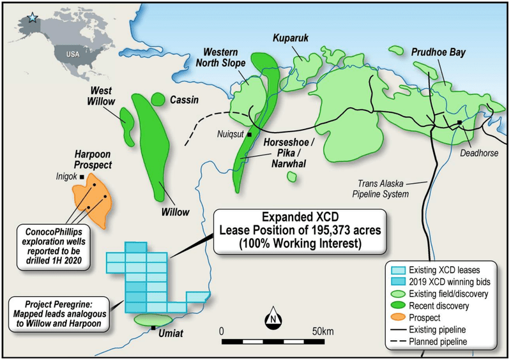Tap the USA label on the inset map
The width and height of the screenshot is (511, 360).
(x=73, y=54)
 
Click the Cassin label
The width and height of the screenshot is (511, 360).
(x=184, y=100)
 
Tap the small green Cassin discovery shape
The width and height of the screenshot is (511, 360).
(x=156, y=99)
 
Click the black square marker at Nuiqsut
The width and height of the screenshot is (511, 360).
(x=250, y=134)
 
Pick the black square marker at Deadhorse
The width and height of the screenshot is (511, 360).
(x=459, y=122)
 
